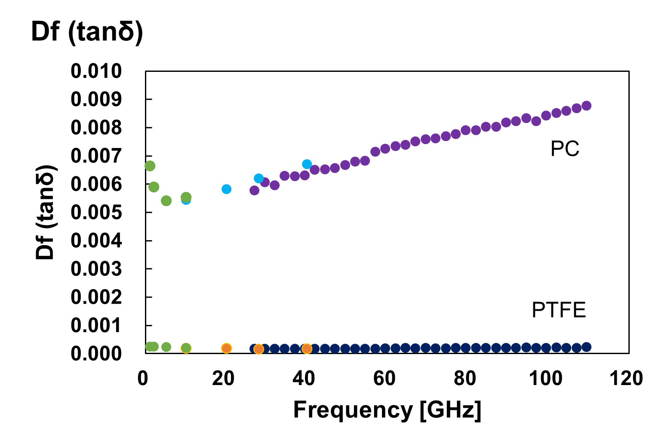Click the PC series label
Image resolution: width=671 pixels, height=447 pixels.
565,149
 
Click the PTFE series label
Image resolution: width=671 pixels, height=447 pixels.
559,310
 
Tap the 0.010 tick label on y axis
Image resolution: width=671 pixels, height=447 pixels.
96,71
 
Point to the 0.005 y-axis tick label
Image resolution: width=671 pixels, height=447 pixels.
96,213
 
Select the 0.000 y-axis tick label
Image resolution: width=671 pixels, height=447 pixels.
96,354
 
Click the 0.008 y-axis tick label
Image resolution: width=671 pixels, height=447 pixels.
96,128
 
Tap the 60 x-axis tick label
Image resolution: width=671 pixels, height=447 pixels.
384,379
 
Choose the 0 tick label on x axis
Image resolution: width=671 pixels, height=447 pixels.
143,379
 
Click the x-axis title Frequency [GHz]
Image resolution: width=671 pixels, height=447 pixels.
387,410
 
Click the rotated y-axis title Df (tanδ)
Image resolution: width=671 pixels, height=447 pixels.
45,212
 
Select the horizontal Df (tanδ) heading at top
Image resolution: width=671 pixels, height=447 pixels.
87,31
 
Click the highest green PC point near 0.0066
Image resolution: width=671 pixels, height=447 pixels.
150,166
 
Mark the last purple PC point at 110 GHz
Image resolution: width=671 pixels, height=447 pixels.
586,105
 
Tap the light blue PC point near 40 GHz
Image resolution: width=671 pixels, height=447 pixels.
307,164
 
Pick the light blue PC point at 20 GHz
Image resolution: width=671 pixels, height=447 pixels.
226,189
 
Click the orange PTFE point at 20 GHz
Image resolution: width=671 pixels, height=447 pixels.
226,348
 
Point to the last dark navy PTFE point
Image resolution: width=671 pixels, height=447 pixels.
586,347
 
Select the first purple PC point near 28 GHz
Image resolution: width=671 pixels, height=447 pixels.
254,190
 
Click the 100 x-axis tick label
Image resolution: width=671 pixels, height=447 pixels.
545,379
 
